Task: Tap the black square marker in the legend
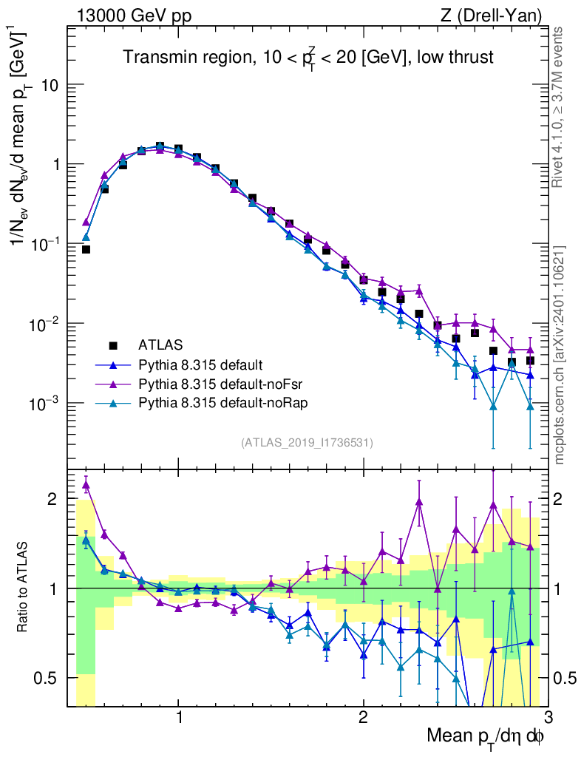pyautogui.click(x=113, y=344)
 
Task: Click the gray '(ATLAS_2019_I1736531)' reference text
pyautogui.click(x=307, y=443)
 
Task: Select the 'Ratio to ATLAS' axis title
pyautogui.click(x=24, y=588)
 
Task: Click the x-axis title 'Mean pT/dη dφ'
pyautogui.click(x=486, y=736)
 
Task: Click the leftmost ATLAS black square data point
pyautogui.click(x=86, y=249)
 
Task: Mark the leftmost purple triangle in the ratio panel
pyautogui.click(x=86, y=485)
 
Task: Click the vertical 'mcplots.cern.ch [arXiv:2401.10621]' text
pyautogui.click(x=560, y=355)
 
